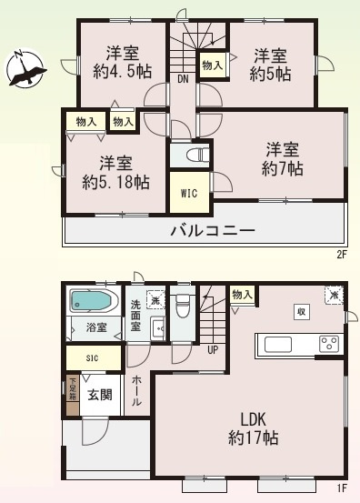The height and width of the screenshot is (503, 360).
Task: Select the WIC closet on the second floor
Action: (189, 193)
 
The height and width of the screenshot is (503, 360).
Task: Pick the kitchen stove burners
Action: (327, 344)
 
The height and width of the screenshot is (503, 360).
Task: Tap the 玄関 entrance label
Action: (99, 395)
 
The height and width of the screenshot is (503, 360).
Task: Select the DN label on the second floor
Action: (182, 79)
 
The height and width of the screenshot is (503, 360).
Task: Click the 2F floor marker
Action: (343, 255)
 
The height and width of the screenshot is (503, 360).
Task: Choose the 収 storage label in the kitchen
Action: (299, 311)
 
